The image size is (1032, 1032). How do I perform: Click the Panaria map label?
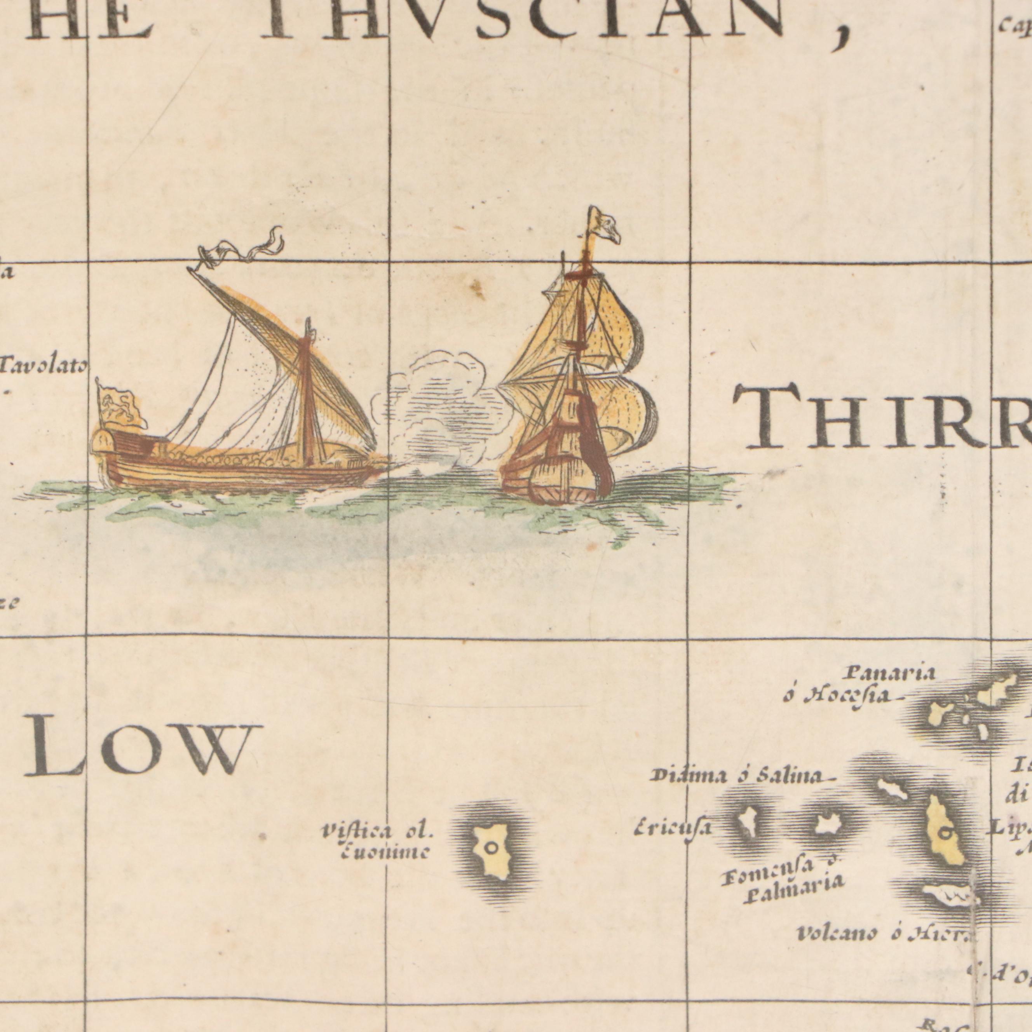click(891, 673)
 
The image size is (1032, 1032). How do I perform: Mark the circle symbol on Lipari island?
click(945, 831)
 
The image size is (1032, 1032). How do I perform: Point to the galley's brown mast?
click(307, 395)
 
